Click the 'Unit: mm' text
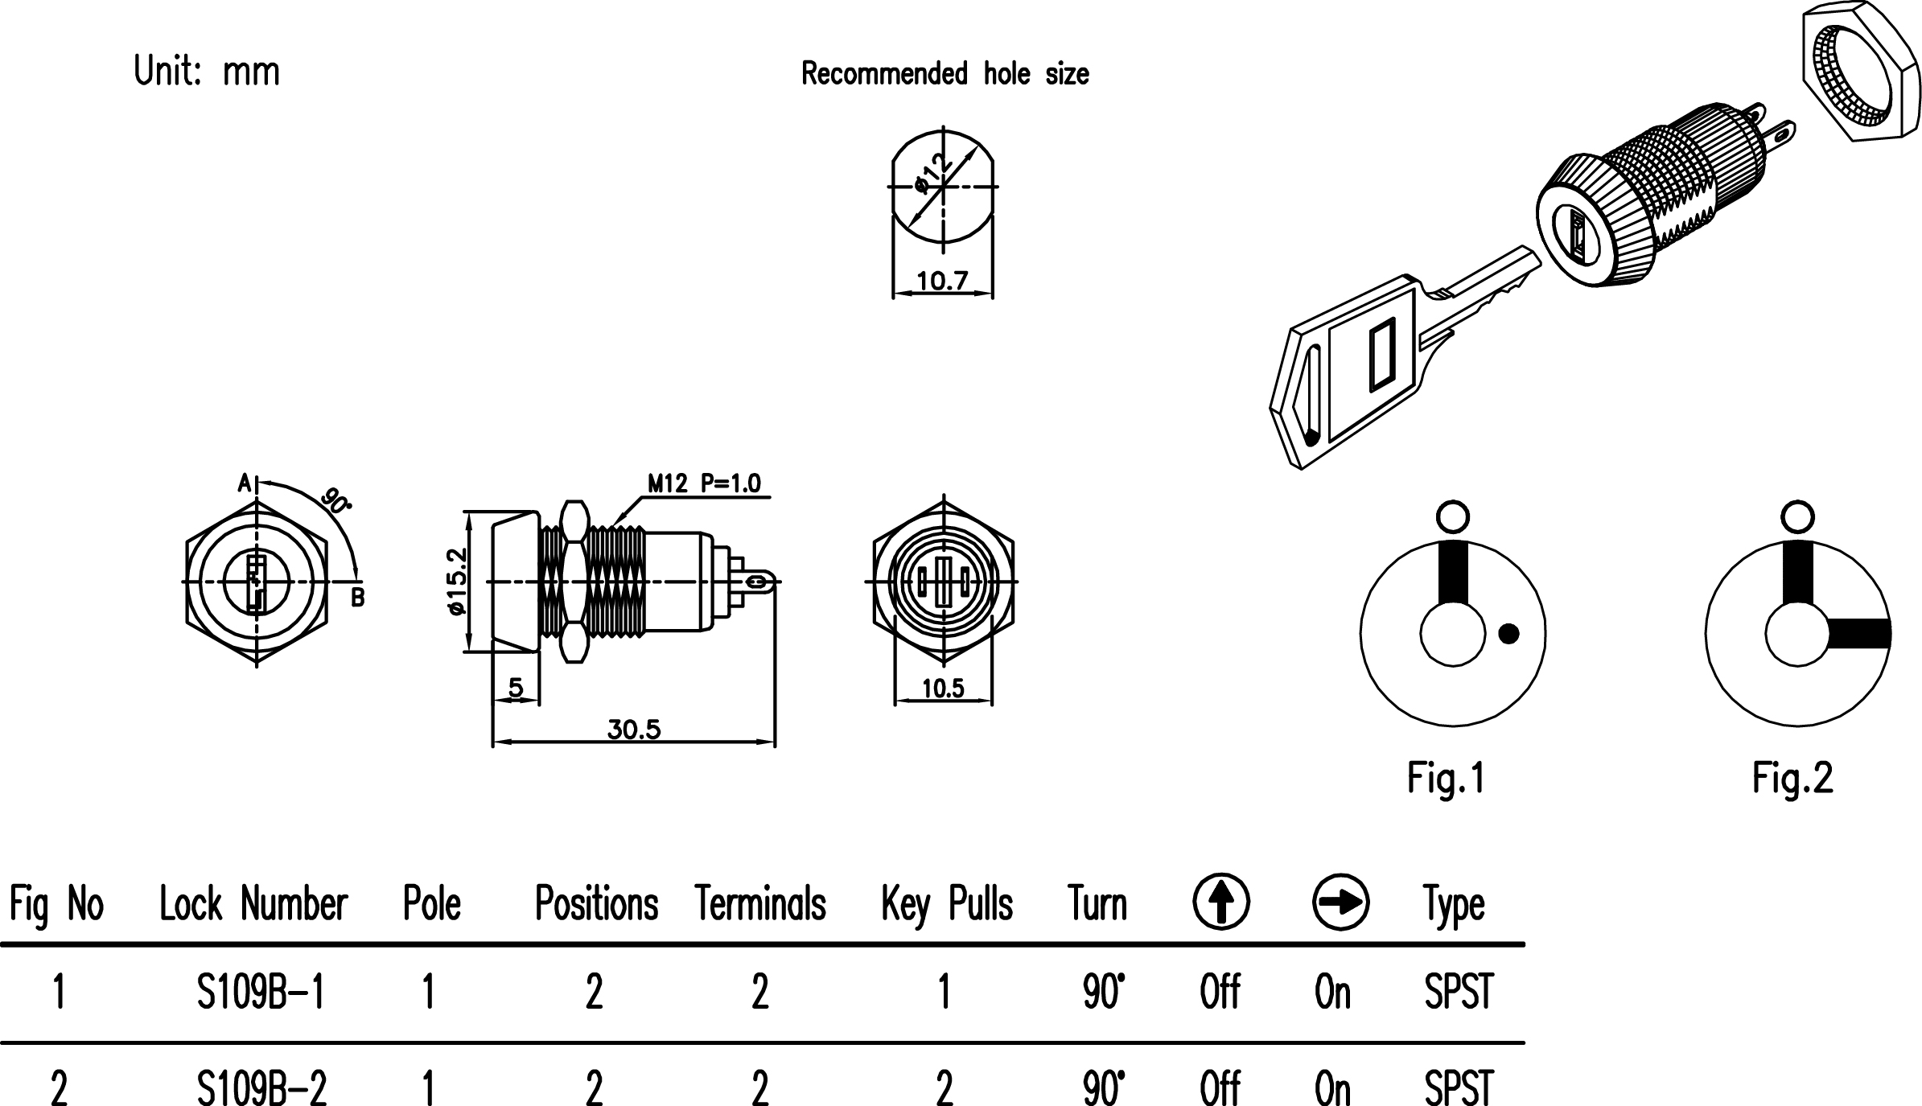207,72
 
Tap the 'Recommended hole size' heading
945,74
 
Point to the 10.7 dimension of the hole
942,281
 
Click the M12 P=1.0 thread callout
704,483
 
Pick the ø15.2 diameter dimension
456,581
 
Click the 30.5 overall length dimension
634,730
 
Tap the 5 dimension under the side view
516,688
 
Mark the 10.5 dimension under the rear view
942,689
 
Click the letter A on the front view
245,483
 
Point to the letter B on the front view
358,598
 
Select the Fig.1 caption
1446,778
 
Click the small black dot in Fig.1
1508,634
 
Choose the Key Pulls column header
946,904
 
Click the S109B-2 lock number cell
261,1087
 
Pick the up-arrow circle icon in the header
1220,902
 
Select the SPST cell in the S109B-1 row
1458,992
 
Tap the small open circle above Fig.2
1798,515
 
